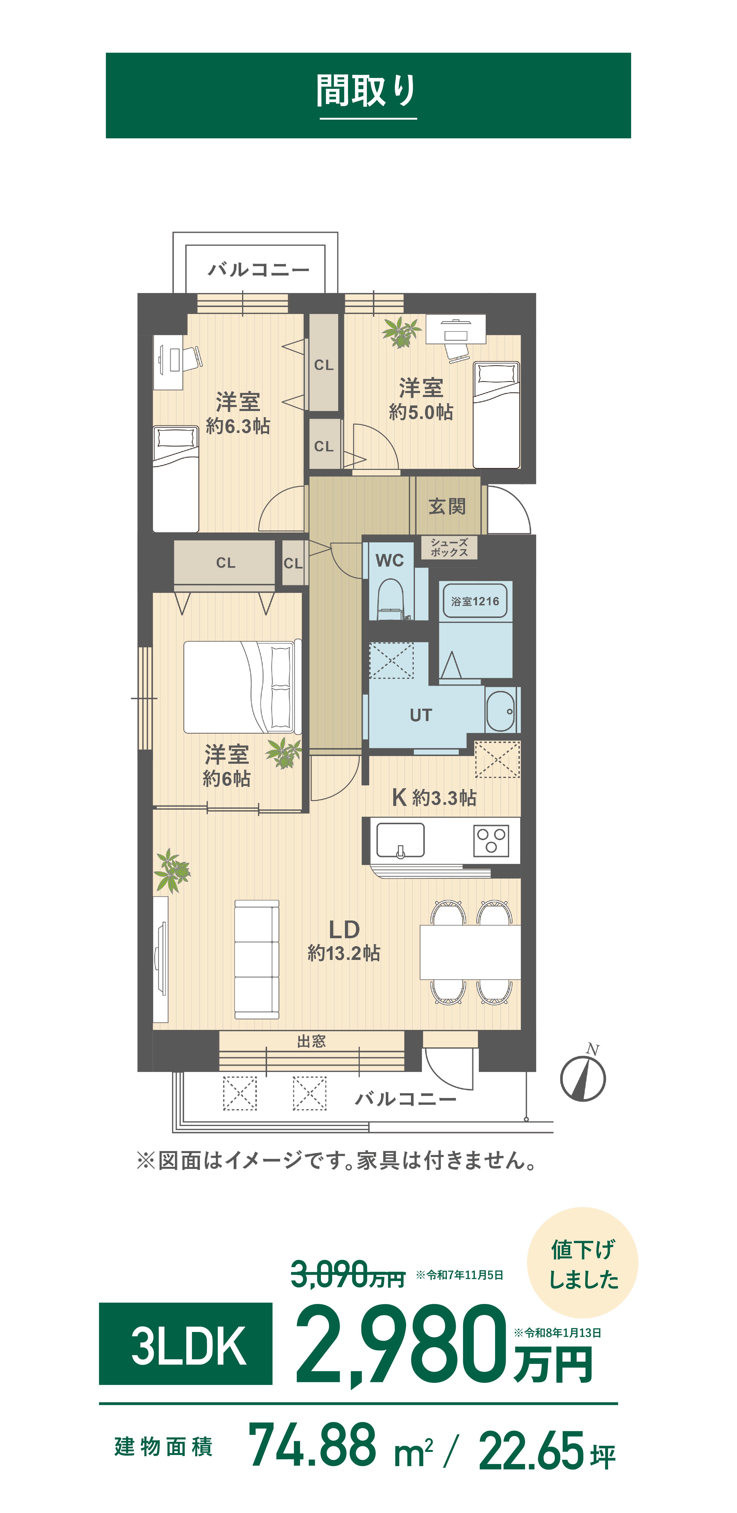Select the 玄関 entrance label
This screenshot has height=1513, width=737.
pos(448,506)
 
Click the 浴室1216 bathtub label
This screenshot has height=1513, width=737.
pos(475,601)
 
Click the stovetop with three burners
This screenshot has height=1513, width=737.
pos(492,840)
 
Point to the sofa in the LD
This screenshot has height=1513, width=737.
pos(257,959)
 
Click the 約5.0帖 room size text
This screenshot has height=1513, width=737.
pos(421,412)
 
